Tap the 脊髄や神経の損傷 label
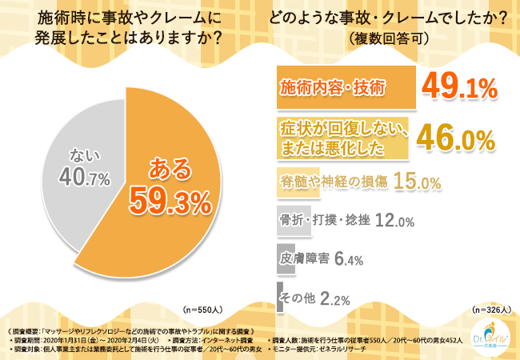coord(333,182)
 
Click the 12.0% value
coord(394,221)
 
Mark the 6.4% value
coord(349,258)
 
